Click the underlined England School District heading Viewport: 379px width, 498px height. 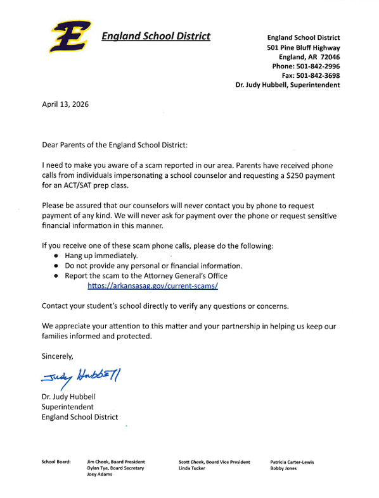tap(156, 36)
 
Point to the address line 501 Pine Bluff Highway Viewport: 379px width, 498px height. tap(303, 47)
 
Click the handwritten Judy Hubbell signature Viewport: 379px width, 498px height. tap(80, 377)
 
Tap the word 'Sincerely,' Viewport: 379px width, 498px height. tap(58, 356)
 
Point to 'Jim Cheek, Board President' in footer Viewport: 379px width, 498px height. tap(116, 462)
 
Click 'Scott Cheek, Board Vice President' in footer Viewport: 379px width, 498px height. tap(214, 462)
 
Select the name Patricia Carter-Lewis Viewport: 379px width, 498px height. tap(292, 462)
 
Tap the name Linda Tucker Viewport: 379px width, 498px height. tap(193, 468)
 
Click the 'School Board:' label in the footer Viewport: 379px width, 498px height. tap(56, 462)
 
